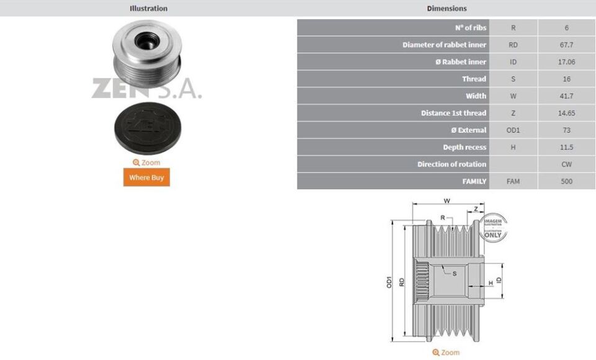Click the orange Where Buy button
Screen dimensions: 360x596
146,178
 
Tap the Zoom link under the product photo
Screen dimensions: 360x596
147,163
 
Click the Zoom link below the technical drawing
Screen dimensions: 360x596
446,353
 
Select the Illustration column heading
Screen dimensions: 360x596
148,8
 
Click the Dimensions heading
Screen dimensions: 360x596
446,8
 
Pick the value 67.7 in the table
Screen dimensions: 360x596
566,45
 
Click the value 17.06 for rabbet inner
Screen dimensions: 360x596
566,62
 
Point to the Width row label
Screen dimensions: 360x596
476,96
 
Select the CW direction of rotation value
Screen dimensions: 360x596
566,164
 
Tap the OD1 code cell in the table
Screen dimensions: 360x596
513,130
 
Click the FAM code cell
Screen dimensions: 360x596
513,182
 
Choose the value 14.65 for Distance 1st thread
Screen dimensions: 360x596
566,113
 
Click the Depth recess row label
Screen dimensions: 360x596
464,148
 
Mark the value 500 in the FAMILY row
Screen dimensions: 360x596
566,182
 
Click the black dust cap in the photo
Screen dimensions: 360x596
147,130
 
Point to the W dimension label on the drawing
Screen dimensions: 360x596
446,201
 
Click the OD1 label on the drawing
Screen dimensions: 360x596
389,281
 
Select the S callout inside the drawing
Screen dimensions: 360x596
454,273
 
